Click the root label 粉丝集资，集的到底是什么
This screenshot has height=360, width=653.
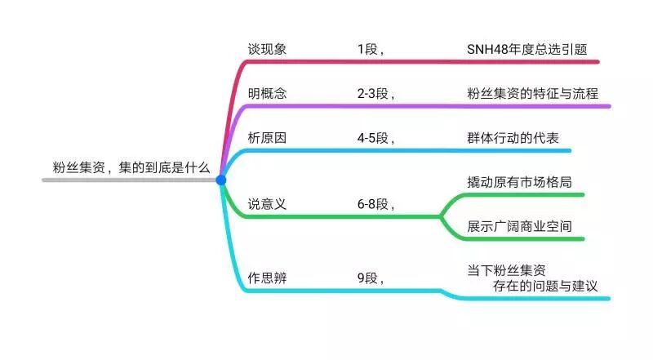tap(128, 167)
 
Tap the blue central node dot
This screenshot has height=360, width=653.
tap(221, 180)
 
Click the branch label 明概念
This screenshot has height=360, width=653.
tap(267, 93)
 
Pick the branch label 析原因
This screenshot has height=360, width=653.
tap(267, 137)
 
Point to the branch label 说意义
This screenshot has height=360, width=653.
tap(267, 204)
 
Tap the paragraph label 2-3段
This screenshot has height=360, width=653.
tap(375, 93)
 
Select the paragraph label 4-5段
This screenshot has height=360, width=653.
tap(375, 137)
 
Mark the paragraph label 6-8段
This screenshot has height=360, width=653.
tap(375, 204)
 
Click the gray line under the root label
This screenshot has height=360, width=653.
tap(98, 180)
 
